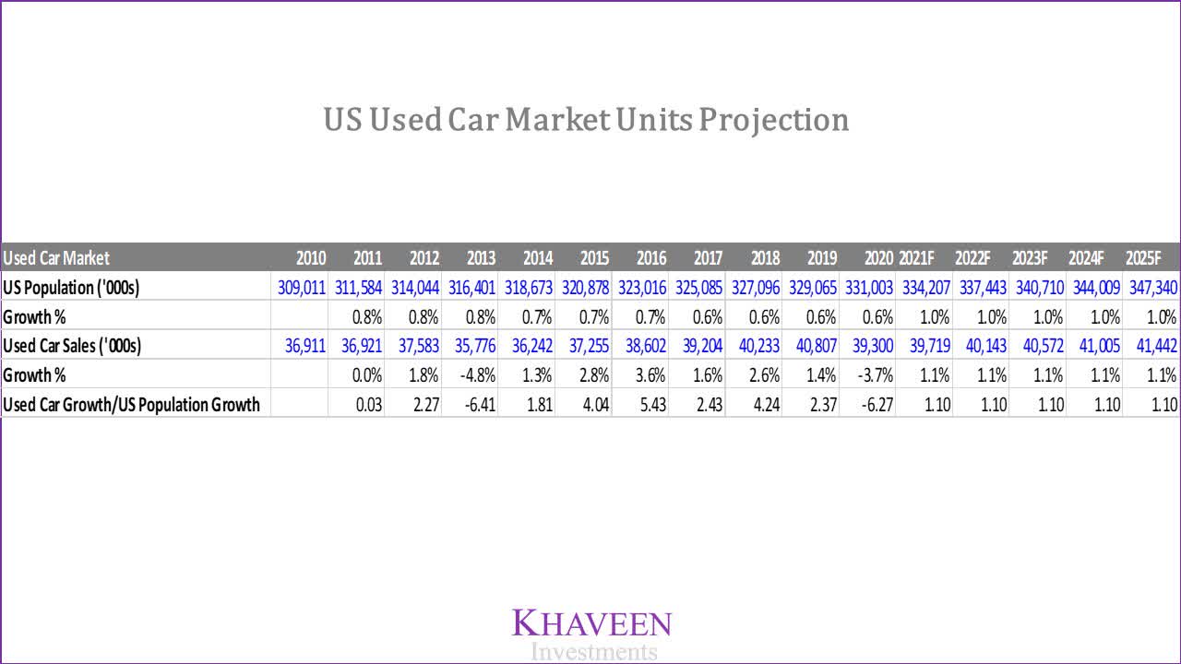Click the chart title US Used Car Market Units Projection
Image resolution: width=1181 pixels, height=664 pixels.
click(x=586, y=120)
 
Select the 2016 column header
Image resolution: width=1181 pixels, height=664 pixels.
click(x=651, y=258)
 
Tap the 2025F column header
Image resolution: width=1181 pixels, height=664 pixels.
click(x=1151, y=258)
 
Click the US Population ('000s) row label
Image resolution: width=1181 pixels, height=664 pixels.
click(x=71, y=288)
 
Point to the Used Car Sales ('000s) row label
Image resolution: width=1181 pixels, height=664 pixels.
click(x=78, y=346)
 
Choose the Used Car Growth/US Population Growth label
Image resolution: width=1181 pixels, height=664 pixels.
click(x=132, y=405)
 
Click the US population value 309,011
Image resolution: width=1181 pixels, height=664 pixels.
click(x=302, y=288)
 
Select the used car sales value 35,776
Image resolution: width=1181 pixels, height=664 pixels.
click(x=472, y=346)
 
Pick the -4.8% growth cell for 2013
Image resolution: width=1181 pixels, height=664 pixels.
click(x=478, y=375)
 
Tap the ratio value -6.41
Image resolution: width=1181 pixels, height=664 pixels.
click(x=479, y=405)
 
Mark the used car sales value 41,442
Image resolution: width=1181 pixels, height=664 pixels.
click(x=1152, y=346)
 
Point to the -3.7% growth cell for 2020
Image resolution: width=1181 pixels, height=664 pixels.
click(x=875, y=375)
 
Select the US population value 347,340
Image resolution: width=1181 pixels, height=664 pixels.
click(x=1152, y=288)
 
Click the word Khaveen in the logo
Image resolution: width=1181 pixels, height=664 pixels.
click(x=591, y=623)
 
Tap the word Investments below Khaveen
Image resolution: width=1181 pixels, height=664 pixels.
click(x=594, y=652)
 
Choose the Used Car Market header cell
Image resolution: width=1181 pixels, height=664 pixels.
click(x=56, y=258)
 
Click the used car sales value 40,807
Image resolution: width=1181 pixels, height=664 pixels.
click(x=811, y=346)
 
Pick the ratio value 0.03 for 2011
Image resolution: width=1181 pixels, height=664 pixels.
click(x=369, y=405)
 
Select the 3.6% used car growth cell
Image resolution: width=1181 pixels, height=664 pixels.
click(x=648, y=375)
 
